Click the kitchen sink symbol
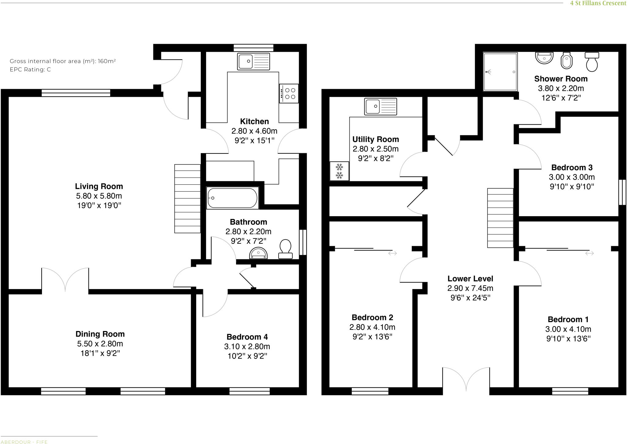253,61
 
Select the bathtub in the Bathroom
232,198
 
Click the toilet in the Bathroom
285,248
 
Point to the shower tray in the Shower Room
500,72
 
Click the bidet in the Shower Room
566,61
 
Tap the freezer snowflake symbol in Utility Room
339,171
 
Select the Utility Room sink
381,107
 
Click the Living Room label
99,186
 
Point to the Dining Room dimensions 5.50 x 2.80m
100,344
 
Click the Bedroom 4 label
247,337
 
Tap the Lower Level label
470,279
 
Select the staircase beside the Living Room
187,198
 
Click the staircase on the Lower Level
500,218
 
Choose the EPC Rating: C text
30,70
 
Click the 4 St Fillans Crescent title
598,3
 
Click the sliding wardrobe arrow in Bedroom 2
392,253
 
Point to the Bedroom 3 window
622,192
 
